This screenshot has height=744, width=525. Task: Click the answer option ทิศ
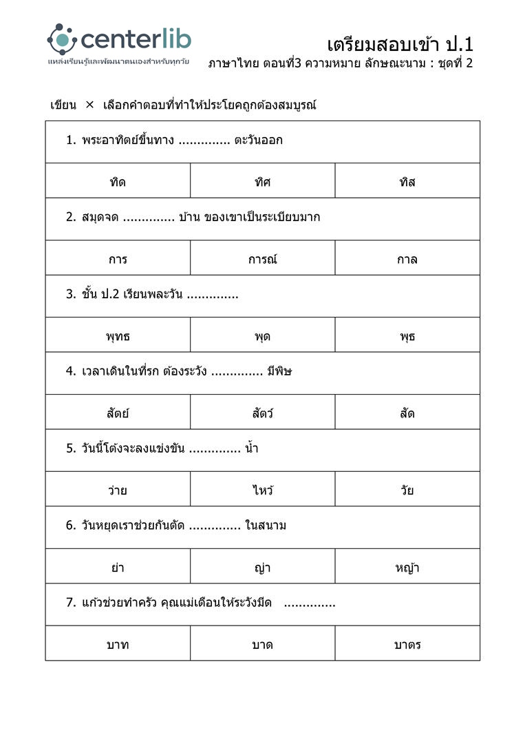[262, 183]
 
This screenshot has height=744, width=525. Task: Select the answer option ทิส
[407, 183]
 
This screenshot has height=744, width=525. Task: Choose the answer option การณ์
[262, 260]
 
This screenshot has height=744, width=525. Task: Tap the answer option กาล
[407, 260]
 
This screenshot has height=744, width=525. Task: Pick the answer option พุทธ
[118, 337]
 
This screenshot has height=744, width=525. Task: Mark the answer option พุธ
[407, 337]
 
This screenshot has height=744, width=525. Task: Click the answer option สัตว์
[262, 413]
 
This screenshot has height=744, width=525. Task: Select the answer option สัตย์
[118, 413]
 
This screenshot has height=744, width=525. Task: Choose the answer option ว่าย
[118, 490]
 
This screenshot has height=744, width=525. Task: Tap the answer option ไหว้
[262, 490]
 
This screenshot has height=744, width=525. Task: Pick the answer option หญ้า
[407, 568]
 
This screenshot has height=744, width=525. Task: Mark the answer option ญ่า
[262, 568]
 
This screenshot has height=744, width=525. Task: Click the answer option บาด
[262, 645]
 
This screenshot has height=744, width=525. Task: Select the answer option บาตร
[407, 645]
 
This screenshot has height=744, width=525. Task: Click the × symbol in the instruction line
[89, 105]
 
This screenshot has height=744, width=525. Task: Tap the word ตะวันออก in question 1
[258, 141]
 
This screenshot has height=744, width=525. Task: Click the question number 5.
[70, 448]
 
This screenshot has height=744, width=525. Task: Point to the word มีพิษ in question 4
[280, 371]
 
